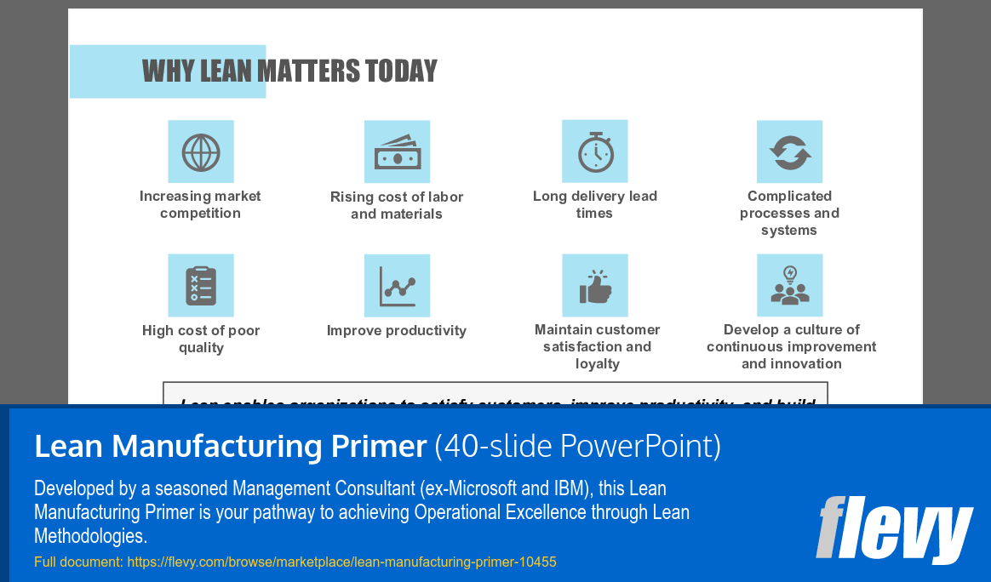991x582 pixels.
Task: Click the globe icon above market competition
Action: pyautogui.click(x=201, y=152)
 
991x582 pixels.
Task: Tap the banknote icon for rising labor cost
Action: pyautogui.click(x=397, y=152)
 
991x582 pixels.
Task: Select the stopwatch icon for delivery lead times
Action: pyautogui.click(x=594, y=151)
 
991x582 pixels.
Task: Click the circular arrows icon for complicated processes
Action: pyautogui.click(x=789, y=151)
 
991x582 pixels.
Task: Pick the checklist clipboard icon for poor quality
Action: pyautogui.click(x=201, y=286)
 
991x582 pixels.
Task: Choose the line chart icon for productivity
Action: pyautogui.click(x=397, y=286)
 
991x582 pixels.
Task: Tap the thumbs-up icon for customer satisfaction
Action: pyautogui.click(x=594, y=286)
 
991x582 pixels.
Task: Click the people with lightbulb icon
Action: pyautogui.click(x=789, y=286)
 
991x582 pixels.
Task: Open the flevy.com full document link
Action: pyautogui.click(x=341, y=562)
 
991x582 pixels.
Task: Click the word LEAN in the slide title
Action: pyautogui.click(x=226, y=71)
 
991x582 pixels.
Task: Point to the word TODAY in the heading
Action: pyautogui.click(x=401, y=71)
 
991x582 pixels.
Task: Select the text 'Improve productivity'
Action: pyautogui.click(x=397, y=330)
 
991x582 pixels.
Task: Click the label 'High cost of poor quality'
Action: pyautogui.click(x=201, y=339)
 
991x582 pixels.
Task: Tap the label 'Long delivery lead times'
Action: pyautogui.click(x=594, y=204)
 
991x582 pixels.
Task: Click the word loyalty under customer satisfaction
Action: pyautogui.click(x=597, y=363)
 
